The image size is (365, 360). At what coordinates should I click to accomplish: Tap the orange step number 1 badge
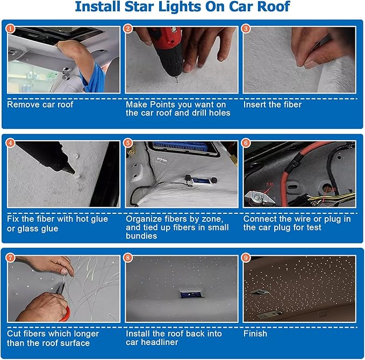coord(10,28)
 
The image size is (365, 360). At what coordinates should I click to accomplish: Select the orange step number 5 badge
coord(127,143)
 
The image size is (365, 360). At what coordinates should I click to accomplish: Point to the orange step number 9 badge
coord(246,258)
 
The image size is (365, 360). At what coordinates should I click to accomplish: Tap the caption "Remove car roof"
coord(40,104)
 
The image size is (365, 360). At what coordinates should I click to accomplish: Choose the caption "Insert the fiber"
coord(273,104)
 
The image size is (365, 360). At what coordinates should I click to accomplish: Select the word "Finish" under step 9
coord(256,334)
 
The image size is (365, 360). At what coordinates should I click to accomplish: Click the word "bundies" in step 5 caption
coord(141,236)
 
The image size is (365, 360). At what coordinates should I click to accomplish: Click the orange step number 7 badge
coord(10,258)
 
